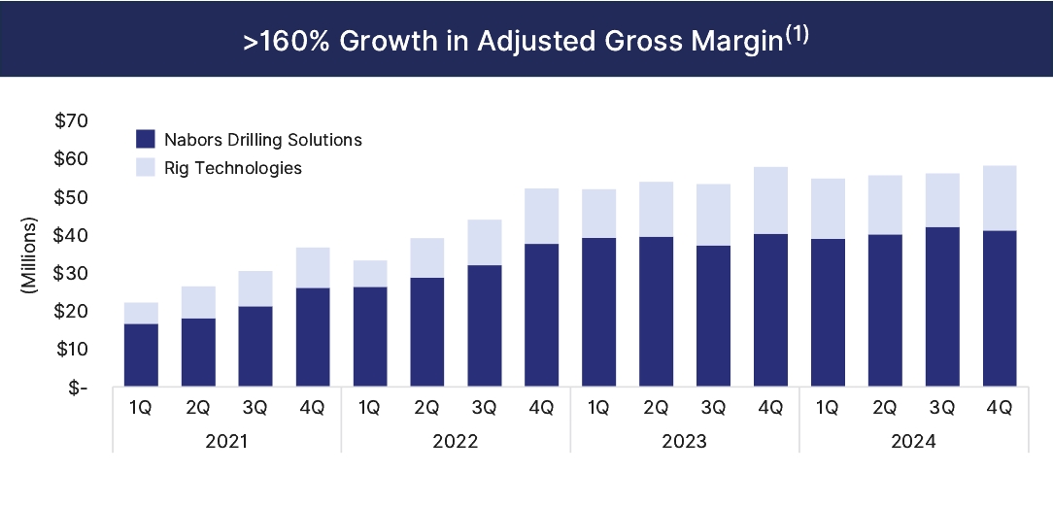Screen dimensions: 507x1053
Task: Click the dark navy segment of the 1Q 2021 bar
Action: (x=142, y=355)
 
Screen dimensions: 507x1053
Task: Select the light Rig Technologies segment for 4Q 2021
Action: (x=313, y=267)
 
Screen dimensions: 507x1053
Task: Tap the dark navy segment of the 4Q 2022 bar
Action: (x=541, y=315)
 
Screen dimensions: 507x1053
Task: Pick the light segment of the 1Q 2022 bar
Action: (x=369, y=273)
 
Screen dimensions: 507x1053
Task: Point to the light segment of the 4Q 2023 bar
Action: (x=770, y=200)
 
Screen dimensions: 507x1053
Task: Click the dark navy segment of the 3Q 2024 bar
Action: (x=942, y=307)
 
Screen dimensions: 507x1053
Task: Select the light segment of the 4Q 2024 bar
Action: (x=999, y=198)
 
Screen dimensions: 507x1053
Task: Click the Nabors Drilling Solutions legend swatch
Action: (x=146, y=139)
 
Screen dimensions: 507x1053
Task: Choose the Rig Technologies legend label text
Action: (x=233, y=168)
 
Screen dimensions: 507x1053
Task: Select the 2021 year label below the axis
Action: (x=226, y=441)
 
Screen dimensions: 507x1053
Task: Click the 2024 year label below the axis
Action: (x=913, y=441)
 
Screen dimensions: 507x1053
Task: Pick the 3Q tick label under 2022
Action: (x=484, y=408)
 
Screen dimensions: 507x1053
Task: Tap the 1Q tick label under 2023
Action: (x=598, y=408)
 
